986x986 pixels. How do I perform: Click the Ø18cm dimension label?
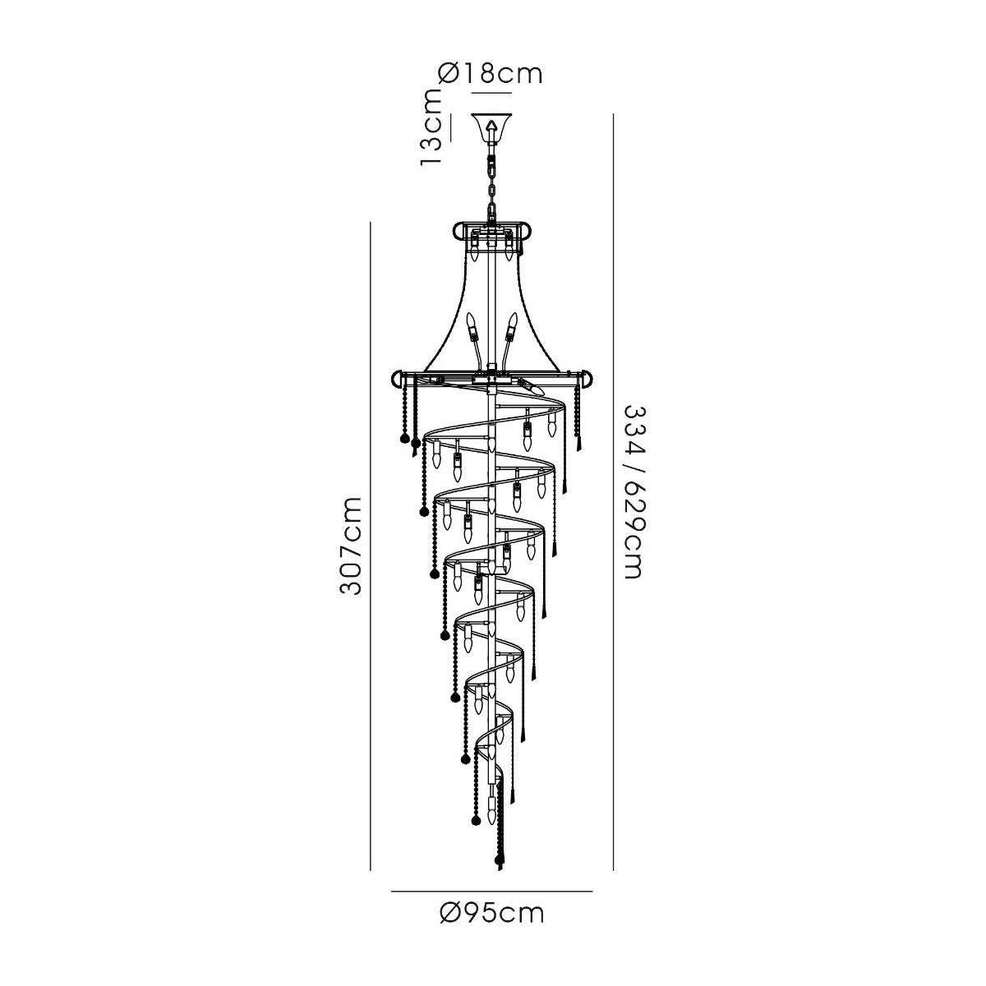point(491,74)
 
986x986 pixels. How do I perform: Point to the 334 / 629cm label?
point(633,492)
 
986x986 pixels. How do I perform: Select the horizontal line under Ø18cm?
point(491,93)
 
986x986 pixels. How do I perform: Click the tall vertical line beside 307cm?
point(371,546)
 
